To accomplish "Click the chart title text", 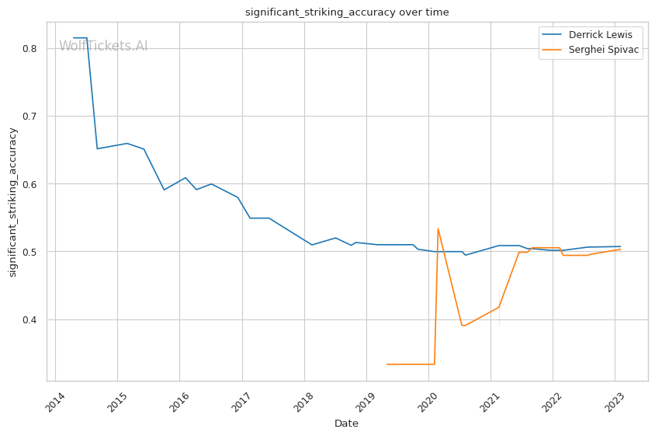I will coord(347,12).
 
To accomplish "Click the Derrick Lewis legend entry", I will coord(600,35).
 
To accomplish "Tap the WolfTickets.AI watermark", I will coord(103,46).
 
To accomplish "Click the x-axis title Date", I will coord(346,424).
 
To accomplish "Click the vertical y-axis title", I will coord(13,202).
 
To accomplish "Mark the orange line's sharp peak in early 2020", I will coord(438,228).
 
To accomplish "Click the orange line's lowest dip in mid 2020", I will coord(463,326).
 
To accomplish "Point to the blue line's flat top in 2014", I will coord(80,38).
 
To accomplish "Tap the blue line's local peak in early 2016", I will coord(185,178).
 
